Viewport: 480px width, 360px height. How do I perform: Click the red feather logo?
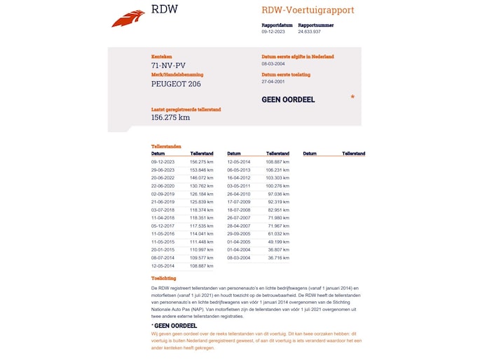point(128,19)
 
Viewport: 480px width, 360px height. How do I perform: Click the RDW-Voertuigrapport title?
point(308,11)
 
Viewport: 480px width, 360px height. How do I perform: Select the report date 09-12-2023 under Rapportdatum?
point(273,32)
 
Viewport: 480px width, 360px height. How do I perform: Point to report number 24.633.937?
point(309,32)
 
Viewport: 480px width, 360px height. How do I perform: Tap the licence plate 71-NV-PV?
point(169,66)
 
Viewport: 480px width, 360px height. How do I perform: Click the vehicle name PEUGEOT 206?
point(176,84)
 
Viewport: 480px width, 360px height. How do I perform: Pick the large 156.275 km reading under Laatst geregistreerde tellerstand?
point(170,117)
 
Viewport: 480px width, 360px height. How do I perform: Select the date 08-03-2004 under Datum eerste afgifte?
point(273,64)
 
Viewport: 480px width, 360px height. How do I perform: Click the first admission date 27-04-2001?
point(273,81)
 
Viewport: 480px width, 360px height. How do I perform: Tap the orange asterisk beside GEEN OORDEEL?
point(352,97)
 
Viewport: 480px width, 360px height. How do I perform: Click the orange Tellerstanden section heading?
point(166,146)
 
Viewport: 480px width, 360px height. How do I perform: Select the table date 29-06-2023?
point(163,169)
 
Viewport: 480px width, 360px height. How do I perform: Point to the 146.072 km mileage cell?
point(202,178)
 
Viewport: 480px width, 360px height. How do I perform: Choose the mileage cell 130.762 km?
point(202,186)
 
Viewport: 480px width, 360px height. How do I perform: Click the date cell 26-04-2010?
point(238,194)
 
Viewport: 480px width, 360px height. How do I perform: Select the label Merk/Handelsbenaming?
point(176,74)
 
